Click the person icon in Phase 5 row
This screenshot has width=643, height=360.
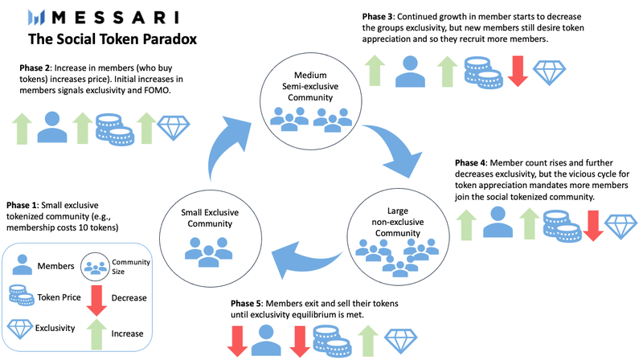(x=266, y=341)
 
